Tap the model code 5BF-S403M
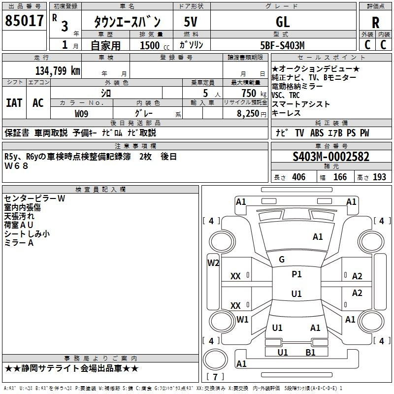pyautogui.click(x=282, y=45)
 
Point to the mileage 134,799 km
pyautogui.click(x=58, y=70)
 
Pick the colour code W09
pyautogui.click(x=81, y=113)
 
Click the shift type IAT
pyautogui.click(x=14, y=102)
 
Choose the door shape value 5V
pyautogui.click(x=191, y=23)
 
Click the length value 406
pyautogui.click(x=298, y=177)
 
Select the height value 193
pyautogui.click(x=379, y=177)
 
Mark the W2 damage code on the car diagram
pyautogui.click(x=213, y=263)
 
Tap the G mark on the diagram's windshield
pyautogui.click(x=282, y=260)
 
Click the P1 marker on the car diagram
pyautogui.click(x=296, y=274)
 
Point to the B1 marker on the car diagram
pyautogui.click(x=310, y=352)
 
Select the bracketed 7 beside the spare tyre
pyautogui.click(x=215, y=377)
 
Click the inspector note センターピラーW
pyautogui.click(x=34, y=198)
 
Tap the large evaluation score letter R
pyautogui.click(x=375, y=23)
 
